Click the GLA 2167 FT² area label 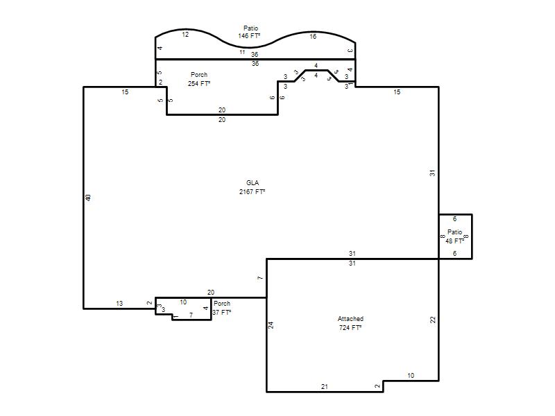[252, 187]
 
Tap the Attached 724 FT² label [350, 323]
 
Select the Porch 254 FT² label [199, 79]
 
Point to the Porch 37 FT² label [222, 308]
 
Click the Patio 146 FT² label [250, 32]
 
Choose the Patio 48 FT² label [455, 236]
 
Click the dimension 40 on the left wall [88, 198]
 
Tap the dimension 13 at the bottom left [119, 304]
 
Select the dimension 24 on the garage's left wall [271, 324]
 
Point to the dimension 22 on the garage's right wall [432, 320]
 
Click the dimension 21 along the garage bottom [325, 387]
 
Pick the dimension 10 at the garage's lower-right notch [411, 376]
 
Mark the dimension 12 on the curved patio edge [185, 34]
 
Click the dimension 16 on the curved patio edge [313, 37]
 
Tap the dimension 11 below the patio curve [242, 52]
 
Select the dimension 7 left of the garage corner [260, 278]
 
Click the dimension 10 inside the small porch [183, 302]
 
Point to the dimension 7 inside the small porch [191, 315]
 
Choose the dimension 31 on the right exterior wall [432, 173]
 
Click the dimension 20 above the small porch [211, 292]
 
